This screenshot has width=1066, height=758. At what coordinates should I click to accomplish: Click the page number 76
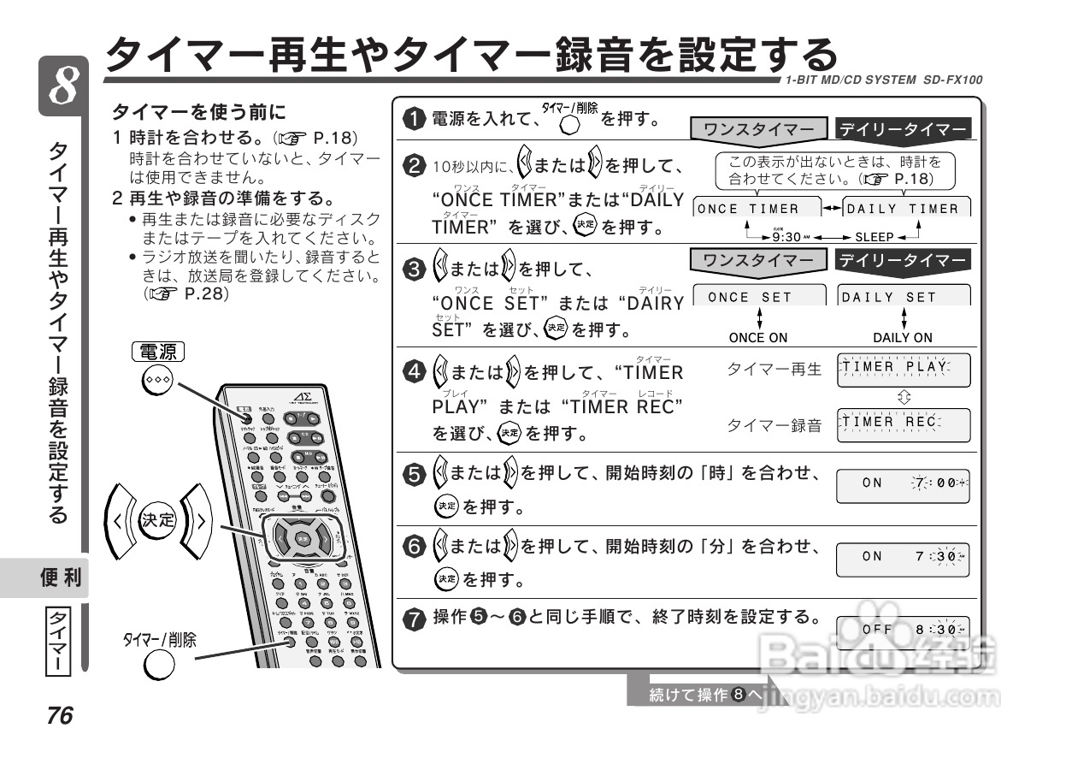coord(60,715)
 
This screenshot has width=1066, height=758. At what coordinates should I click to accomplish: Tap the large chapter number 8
coord(62,87)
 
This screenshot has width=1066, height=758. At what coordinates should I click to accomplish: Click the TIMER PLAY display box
coord(904,370)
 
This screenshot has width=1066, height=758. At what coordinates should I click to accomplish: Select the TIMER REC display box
coord(904,423)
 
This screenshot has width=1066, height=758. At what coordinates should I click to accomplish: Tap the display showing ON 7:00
coord(904,483)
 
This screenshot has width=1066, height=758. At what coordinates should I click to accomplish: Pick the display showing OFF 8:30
coord(904,629)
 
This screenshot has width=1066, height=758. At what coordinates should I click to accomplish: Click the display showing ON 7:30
coord(904,556)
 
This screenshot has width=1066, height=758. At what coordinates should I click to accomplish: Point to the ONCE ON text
coord(758,338)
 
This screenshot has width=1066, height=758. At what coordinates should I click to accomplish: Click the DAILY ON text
coord(903,338)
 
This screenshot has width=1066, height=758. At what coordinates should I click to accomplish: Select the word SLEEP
coord(874,237)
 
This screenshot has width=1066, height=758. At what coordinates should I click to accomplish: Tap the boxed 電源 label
coord(159,351)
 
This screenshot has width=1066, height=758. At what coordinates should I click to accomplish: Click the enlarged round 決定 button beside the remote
coord(157,519)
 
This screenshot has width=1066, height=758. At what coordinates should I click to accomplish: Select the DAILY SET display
coord(904,297)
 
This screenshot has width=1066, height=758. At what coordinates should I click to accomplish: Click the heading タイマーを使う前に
coord(198,112)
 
